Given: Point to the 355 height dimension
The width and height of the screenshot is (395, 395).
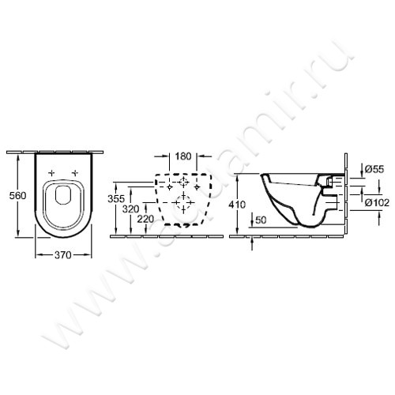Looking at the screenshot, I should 115,199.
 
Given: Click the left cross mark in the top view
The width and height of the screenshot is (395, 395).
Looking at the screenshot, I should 51,172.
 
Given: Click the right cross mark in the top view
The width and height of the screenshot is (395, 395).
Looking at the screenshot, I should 75,172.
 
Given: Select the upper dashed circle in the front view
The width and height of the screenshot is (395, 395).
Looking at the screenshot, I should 182,183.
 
